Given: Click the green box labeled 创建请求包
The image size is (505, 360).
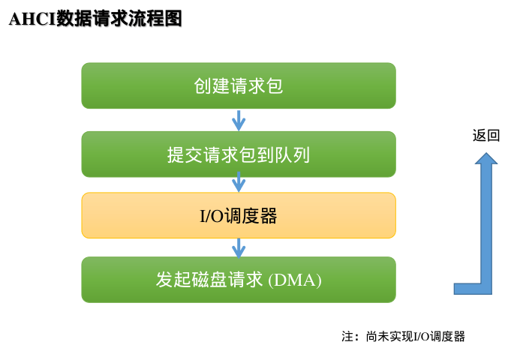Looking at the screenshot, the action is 238,85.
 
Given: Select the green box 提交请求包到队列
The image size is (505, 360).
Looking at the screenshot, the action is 238,154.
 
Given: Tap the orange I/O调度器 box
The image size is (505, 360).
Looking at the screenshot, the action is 238,216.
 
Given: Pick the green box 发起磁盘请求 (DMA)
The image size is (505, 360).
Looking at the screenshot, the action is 238,280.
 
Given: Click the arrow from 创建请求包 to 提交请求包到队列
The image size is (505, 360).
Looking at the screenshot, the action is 239,120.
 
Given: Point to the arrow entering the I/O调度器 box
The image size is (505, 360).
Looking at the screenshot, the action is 239,181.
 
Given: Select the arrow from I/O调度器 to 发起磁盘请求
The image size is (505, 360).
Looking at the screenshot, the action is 239,247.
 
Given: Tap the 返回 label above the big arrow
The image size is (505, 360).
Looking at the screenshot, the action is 485,136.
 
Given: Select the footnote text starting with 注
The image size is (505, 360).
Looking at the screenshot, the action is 403,337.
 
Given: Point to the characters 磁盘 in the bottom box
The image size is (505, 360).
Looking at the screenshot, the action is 209,280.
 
